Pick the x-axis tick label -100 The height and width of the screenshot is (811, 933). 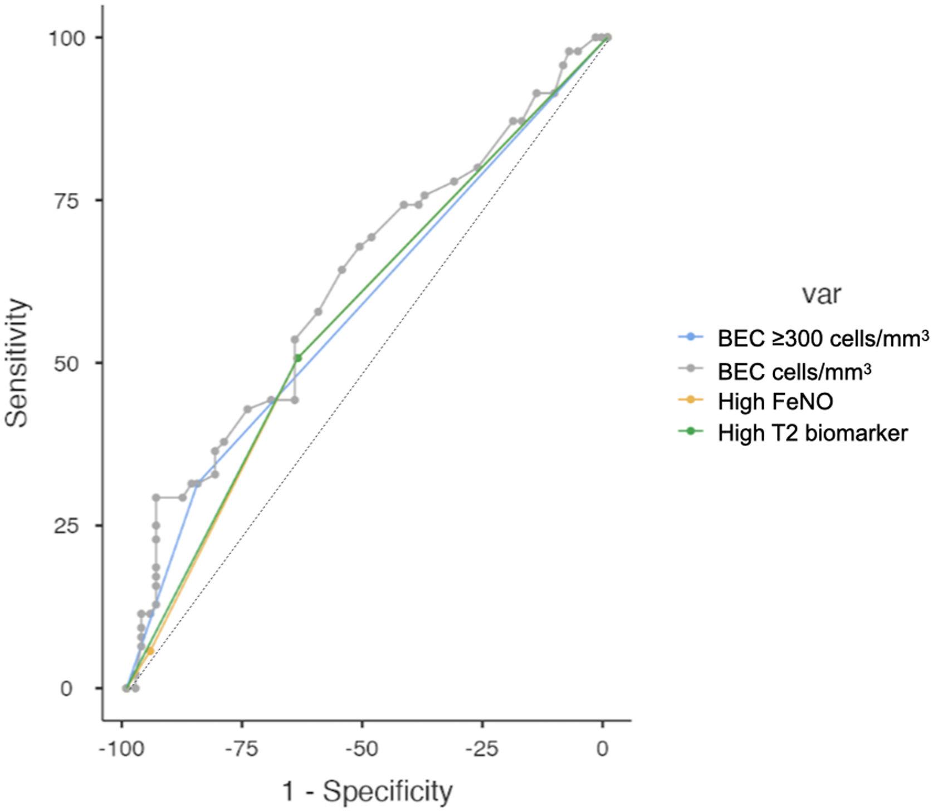(x=122, y=749)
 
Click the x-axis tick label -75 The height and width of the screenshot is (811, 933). (x=242, y=749)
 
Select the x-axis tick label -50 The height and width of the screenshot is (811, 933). (x=362, y=749)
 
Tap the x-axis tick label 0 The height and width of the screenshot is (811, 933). (x=602, y=749)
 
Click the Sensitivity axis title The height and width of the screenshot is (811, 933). (x=17, y=363)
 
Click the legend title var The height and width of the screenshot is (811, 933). (x=822, y=294)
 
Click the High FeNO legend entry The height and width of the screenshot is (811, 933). (x=775, y=401)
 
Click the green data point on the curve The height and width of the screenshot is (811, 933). (x=298, y=358)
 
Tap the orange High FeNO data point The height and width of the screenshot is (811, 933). (x=150, y=651)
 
